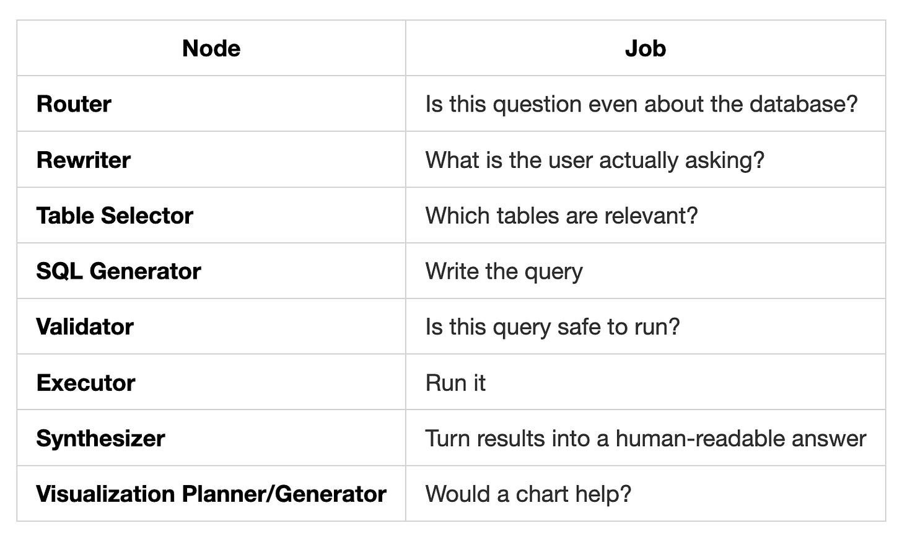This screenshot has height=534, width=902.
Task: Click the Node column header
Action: click(x=211, y=48)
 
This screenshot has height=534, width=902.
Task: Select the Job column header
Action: click(x=645, y=48)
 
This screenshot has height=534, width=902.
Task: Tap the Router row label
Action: click(x=74, y=104)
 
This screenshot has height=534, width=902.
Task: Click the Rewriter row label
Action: click(x=83, y=160)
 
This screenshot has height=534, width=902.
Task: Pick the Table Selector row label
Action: click(x=115, y=216)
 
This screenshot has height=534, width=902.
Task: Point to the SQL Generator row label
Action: click(x=118, y=271)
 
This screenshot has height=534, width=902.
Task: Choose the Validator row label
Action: click(x=85, y=327)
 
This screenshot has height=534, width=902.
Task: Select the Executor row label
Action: click(x=85, y=383)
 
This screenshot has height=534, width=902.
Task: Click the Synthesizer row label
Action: click(x=100, y=439)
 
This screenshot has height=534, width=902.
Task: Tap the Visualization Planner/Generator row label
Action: click(x=211, y=494)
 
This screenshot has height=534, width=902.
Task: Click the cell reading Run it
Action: click(x=455, y=383)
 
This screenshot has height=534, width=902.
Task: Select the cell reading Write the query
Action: click(x=504, y=271)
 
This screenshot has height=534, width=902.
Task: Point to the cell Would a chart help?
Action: click(x=528, y=494)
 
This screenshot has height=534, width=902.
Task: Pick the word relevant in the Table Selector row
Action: click(x=650, y=216)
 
